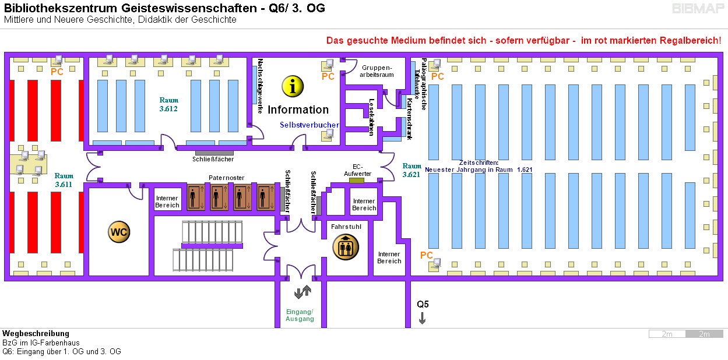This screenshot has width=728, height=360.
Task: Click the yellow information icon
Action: coord(293,86)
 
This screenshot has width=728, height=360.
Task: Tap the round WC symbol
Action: coord(119,232)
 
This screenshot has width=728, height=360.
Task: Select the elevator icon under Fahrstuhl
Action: coord(344,246)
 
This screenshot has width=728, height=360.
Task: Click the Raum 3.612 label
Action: coord(168,104)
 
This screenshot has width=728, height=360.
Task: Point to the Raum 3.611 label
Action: coord(64,180)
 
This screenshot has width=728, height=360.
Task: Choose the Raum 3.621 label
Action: coord(412,170)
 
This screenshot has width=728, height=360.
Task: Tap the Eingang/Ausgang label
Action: coord(300,315)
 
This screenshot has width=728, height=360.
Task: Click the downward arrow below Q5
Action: coord(422,318)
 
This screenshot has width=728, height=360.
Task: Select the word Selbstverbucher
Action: coord(309,125)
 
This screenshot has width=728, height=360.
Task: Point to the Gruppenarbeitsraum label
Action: coord(378,71)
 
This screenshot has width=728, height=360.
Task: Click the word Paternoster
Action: coord(226,178)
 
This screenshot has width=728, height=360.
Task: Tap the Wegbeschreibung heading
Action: coord(36,334)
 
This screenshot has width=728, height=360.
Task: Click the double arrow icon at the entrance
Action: coord(303,292)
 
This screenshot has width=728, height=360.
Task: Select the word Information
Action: coord(298,110)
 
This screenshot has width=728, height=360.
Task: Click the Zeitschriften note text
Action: coord(479,166)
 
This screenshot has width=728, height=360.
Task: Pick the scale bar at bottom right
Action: coord(685,334)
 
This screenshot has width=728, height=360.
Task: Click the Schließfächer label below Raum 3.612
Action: coord(213,159)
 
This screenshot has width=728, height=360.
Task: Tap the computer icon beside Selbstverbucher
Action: coord(328,135)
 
